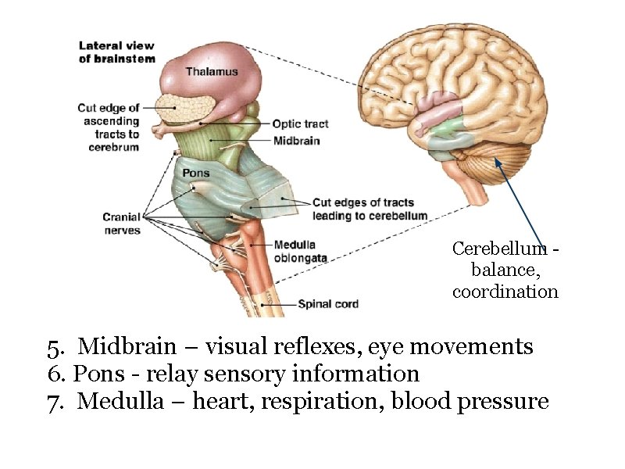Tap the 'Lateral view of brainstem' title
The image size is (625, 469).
click(x=117, y=52)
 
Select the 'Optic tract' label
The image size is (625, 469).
click(x=300, y=124)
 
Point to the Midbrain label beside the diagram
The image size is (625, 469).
click(x=296, y=141)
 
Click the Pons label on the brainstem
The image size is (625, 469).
click(x=195, y=173)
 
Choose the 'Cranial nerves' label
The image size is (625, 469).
click(x=122, y=224)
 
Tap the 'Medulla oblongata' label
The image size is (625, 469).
click(x=300, y=251)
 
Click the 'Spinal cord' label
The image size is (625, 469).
click(x=329, y=303)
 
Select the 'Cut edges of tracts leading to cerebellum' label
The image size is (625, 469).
click(x=370, y=209)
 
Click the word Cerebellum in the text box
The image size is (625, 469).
click(x=499, y=249)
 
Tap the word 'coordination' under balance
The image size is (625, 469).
click(x=505, y=292)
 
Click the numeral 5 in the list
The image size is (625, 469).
click(x=53, y=345)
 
